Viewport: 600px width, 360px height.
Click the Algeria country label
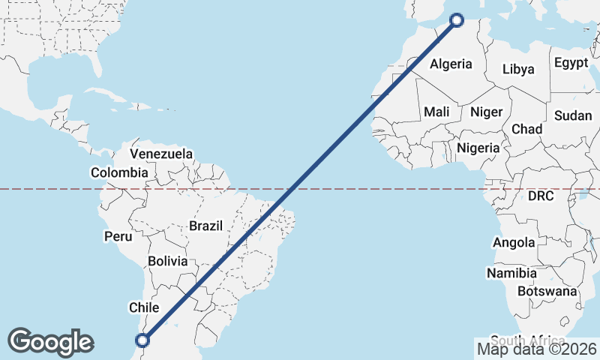pyautogui.click(x=451, y=64)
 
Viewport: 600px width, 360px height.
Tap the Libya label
pyautogui.click(x=518, y=69)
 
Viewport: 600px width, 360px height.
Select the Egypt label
pyautogui.click(x=571, y=63)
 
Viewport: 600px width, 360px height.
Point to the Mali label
pyautogui.click(x=436, y=112)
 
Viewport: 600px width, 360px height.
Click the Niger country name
pyautogui.click(x=486, y=112)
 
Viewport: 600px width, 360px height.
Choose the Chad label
pyautogui.click(x=526, y=129)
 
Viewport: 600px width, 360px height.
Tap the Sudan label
pyautogui.click(x=573, y=115)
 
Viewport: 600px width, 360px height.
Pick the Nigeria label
pyautogui.click(x=478, y=148)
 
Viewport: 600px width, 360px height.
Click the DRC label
pyautogui.click(x=540, y=196)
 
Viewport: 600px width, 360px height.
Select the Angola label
pyautogui.click(x=514, y=242)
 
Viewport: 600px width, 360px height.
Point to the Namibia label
pyautogui.click(x=511, y=273)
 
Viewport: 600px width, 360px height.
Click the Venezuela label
pyautogui.click(x=161, y=154)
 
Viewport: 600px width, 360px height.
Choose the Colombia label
pyautogui.click(x=119, y=172)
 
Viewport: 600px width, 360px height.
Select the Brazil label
pyautogui.click(x=206, y=226)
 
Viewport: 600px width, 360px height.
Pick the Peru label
pyautogui.click(x=118, y=236)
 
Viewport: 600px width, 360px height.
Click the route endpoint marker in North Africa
pyautogui.click(x=456, y=20)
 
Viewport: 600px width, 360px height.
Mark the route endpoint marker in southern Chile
pyautogui.click(x=142, y=340)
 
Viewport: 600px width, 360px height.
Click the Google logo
pyautogui.click(x=50, y=341)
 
